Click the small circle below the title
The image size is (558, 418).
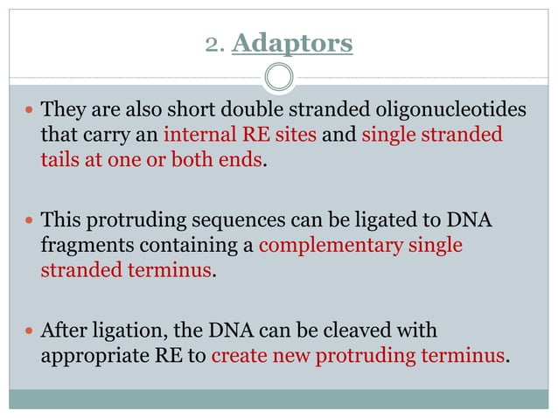pyautogui.click(x=278, y=78)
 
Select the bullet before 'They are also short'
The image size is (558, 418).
pyautogui.click(x=30, y=112)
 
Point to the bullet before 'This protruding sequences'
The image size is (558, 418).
pyautogui.click(x=30, y=221)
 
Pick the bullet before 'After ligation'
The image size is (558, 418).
pyautogui.click(x=30, y=331)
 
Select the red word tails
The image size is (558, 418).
pyautogui.click(x=60, y=160)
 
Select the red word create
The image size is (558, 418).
pyautogui.click(x=238, y=356)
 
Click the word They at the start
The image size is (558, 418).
pyautogui.click(x=63, y=111)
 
